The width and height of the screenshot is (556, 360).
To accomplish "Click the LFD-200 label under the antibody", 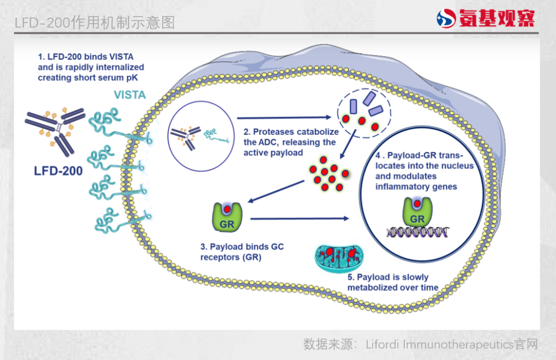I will tap(59, 170).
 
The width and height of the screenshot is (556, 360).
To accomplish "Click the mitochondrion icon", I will tap(339, 258).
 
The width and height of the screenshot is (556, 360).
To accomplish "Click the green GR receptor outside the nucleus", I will tap(227, 216).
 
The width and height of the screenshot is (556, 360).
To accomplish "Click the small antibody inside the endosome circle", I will tap(185, 136).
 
